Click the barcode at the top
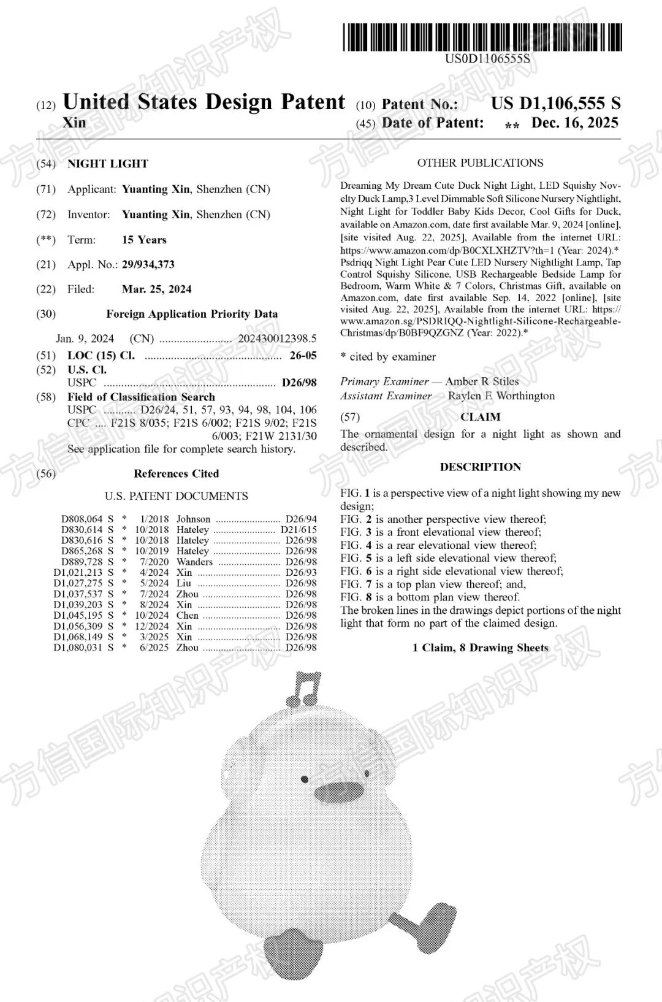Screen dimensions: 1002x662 click(482, 37)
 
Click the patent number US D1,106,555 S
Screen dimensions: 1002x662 click(555, 103)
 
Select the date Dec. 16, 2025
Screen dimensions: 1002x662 click(574, 123)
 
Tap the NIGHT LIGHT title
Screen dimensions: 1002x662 click(108, 164)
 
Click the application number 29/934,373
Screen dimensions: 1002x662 click(148, 264)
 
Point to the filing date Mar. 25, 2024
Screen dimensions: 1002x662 click(156, 289)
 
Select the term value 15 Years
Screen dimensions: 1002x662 click(144, 240)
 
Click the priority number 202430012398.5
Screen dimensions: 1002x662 click(277, 338)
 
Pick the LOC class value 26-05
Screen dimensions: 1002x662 click(303, 356)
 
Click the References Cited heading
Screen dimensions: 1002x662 click(176, 473)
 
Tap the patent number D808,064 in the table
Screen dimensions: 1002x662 click(82, 519)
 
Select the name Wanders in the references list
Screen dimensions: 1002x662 click(194, 562)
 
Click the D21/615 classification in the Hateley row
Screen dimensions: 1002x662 click(299, 530)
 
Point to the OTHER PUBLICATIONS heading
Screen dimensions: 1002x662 click(480, 163)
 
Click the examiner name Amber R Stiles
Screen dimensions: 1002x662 click(482, 381)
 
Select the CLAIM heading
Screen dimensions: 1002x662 click(481, 417)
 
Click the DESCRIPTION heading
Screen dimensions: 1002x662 click(480, 467)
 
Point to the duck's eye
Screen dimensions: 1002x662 click(305, 779)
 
